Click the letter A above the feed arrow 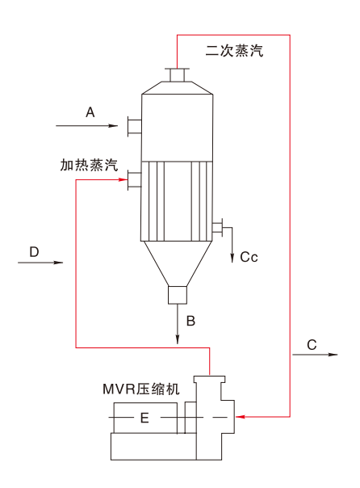pyautogui.click(x=90, y=112)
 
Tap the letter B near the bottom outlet pyautogui.click(x=190, y=321)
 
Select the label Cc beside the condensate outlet pyautogui.click(x=249, y=257)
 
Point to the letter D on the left pyautogui.click(x=34, y=252)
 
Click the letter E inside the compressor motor pyautogui.click(x=144, y=418)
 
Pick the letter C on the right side pyautogui.click(x=312, y=345)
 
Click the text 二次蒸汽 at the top pyautogui.click(x=234, y=50)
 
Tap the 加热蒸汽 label pyautogui.click(x=89, y=165)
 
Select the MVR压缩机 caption pyautogui.click(x=141, y=389)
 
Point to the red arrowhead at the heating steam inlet pyautogui.click(x=123, y=179)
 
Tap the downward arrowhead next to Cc pyautogui.click(x=232, y=258)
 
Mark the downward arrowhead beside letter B pyautogui.click(x=178, y=339)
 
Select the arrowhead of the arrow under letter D pyautogui.click(x=58, y=263)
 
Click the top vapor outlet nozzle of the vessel pyautogui.click(x=178, y=74)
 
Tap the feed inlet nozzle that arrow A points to pyautogui.click(x=134, y=126)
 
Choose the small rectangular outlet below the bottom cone pyautogui.click(x=178, y=295)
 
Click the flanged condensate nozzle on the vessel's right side pyautogui.click(x=217, y=228)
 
